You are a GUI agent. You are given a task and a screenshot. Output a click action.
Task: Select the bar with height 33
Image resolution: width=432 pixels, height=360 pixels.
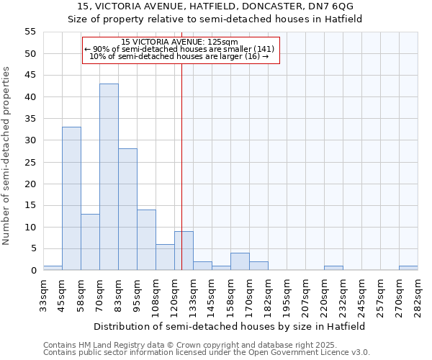[x=71, y=199]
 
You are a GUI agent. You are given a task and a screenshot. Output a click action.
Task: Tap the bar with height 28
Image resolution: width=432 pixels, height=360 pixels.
[x=127, y=210]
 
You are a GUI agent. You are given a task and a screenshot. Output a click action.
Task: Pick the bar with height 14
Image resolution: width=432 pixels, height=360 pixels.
[x=146, y=240]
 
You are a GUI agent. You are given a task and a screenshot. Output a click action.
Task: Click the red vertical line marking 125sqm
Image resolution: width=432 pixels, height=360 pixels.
[x=181, y=166]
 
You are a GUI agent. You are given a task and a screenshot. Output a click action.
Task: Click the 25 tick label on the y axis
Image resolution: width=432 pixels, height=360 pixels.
[x=30, y=162]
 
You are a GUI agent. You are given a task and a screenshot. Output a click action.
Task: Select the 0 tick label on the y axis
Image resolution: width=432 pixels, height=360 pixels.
[x=33, y=271]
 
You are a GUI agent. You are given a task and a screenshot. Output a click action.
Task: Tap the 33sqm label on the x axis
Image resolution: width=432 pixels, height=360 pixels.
[x=44, y=295]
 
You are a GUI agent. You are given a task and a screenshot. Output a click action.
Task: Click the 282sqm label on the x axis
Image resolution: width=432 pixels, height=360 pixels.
[x=418, y=295]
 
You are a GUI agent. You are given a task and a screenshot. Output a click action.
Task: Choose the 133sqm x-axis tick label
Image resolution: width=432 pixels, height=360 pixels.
[x=194, y=295]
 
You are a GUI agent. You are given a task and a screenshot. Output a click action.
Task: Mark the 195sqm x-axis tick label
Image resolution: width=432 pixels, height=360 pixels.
[x=287, y=295]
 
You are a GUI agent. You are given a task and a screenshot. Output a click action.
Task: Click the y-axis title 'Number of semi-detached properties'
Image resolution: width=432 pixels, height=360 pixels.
[x=6, y=156]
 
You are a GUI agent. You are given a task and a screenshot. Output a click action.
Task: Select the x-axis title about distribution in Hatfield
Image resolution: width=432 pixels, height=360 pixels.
[x=230, y=326]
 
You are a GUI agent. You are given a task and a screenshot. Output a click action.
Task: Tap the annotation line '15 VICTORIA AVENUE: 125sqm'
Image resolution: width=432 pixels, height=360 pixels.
[x=179, y=42]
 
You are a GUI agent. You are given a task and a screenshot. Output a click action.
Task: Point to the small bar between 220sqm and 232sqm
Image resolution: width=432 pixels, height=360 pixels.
[x=333, y=269]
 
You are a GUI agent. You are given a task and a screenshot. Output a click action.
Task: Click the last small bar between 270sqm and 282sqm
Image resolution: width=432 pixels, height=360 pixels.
[x=408, y=269]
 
